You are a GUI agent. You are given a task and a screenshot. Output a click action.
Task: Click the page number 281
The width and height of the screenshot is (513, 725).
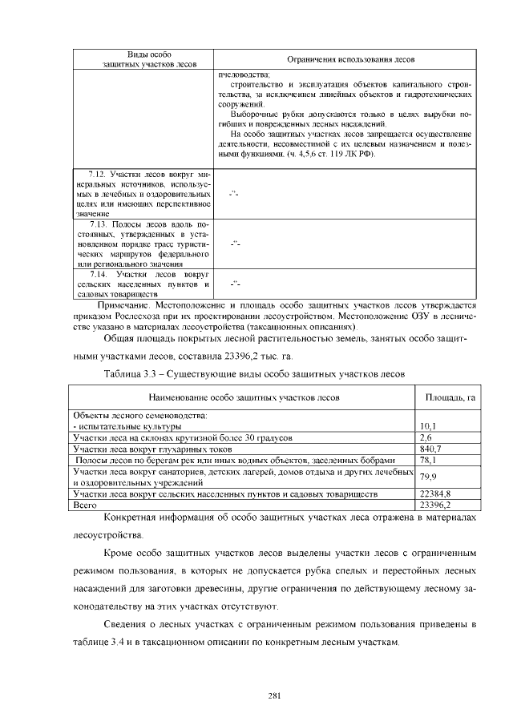(x=273, y=695)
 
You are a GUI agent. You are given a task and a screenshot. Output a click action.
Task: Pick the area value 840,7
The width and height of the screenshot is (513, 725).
(x=430, y=449)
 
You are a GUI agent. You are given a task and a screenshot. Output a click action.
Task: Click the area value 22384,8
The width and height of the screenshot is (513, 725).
(x=435, y=494)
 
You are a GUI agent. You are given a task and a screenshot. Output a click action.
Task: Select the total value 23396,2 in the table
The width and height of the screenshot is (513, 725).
(x=435, y=505)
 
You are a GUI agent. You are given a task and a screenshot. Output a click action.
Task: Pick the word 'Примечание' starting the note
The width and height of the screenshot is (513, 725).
(x=122, y=305)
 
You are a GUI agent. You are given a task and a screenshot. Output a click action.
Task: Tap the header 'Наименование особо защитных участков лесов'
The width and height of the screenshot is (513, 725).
(x=244, y=397)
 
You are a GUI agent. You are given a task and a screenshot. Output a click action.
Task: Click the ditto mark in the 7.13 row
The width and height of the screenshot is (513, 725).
(x=235, y=243)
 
